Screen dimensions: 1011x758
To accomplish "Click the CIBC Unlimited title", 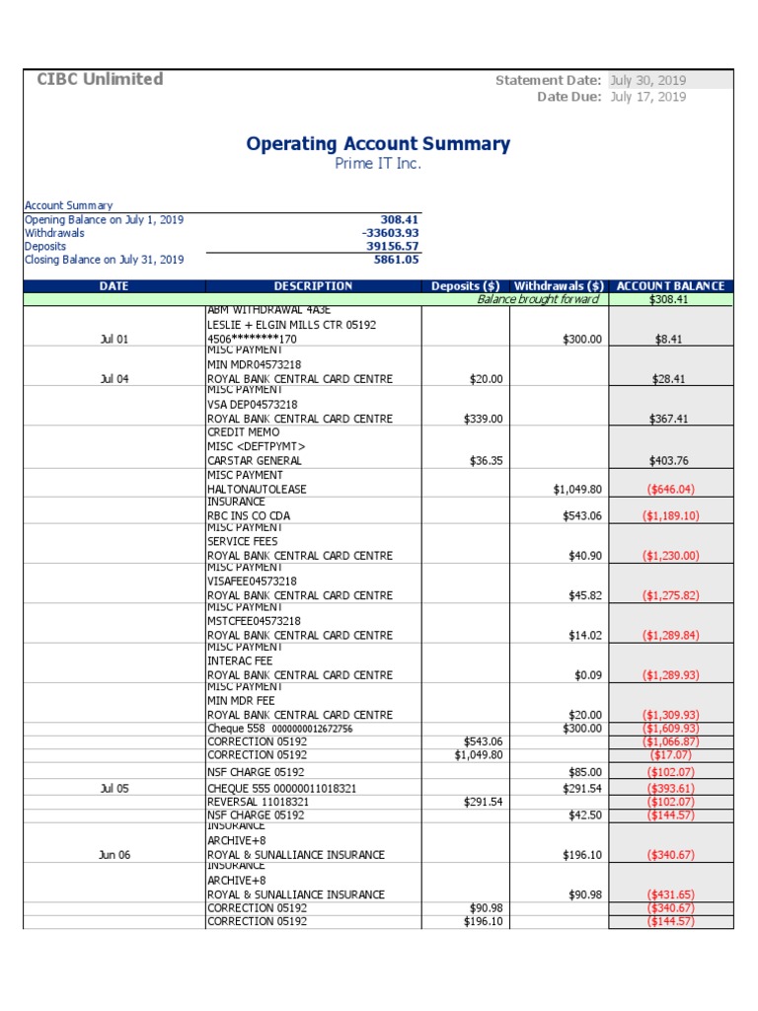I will point(100,79).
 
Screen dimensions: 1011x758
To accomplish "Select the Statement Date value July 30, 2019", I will point(647,80).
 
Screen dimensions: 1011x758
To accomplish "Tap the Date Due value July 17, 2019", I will point(647,97).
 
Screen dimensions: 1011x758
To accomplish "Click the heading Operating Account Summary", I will point(378,144).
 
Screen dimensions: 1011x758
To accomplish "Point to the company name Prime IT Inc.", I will point(378,164).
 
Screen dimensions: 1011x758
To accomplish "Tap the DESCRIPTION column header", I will point(312,286).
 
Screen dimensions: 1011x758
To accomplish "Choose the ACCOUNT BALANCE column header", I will point(670,286).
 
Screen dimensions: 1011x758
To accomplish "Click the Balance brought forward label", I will point(538,299).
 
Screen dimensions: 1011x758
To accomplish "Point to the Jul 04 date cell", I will point(114,379).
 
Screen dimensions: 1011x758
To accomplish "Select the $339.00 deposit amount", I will point(483,419).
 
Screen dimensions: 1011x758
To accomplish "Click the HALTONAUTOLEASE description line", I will point(256,489).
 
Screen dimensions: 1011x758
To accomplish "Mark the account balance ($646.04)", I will point(670,489).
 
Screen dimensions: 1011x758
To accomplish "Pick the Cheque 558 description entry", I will point(278,729).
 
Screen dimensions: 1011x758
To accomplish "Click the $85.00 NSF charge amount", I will point(582,772).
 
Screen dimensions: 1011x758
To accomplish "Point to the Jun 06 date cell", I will point(114,855).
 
